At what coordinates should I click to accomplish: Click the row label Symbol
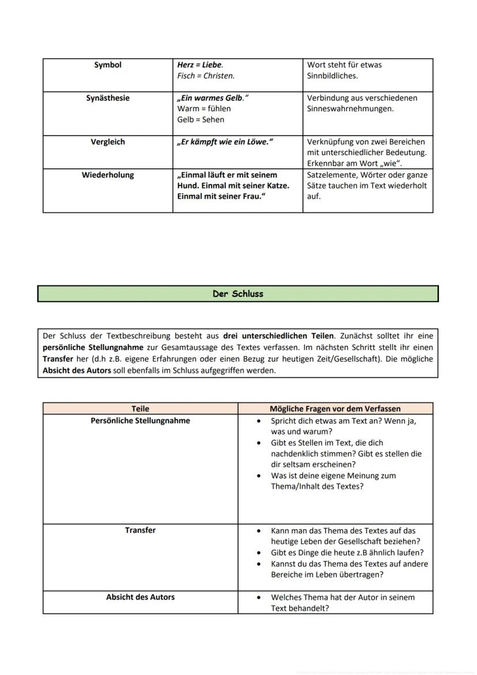(108, 65)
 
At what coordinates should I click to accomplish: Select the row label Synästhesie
(108, 98)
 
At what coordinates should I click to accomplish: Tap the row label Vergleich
(108, 142)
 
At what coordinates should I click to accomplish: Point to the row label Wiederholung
(108, 175)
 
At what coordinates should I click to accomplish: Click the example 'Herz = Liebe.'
(200, 65)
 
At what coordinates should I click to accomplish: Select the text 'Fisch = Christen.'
(206, 76)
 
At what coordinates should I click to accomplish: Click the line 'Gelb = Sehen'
(200, 119)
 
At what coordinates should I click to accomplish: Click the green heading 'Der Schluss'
(237, 294)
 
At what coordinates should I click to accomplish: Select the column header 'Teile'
(140, 409)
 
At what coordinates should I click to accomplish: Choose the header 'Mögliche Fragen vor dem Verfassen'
(335, 409)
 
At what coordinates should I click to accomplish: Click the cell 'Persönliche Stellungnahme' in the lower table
(140, 421)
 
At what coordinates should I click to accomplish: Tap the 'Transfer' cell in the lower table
(140, 530)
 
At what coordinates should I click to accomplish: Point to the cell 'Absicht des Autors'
(140, 597)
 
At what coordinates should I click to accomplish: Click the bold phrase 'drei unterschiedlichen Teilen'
(278, 335)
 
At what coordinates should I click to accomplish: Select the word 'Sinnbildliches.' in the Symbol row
(332, 76)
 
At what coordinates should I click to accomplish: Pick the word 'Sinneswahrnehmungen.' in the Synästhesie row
(350, 109)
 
